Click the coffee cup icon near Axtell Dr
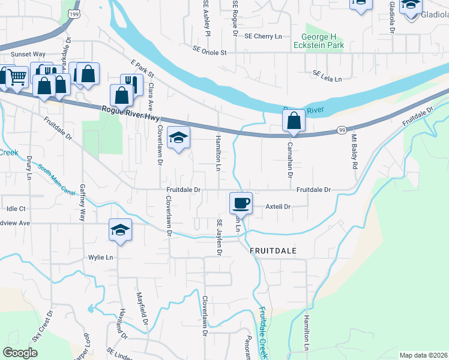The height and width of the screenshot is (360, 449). click(x=241, y=202)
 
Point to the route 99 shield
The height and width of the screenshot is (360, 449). click(x=342, y=130)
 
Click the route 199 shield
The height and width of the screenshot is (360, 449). click(x=73, y=13)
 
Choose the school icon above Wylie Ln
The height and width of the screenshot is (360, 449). click(x=120, y=230)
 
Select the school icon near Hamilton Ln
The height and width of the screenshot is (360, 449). click(x=178, y=139)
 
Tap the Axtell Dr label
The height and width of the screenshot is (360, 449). click(x=278, y=206)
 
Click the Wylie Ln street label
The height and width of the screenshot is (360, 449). click(x=100, y=257)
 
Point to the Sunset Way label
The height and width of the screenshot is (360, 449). click(x=31, y=53)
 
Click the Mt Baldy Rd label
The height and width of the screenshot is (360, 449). click(x=355, y=156)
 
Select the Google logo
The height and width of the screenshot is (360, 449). click(x=20, y=353)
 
